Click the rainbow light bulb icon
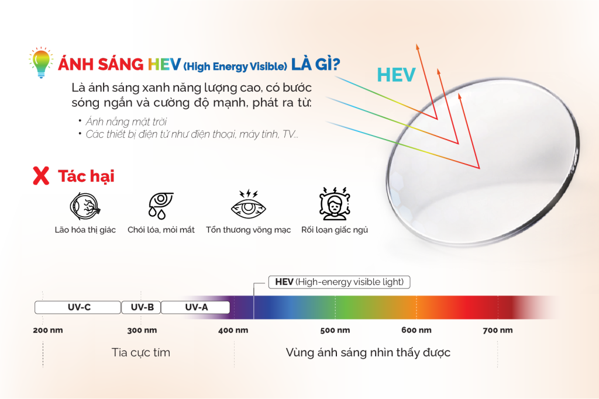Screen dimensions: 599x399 pos(41,63)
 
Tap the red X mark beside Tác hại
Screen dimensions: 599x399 pos(41,176)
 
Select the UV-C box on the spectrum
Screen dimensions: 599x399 pos(78,307)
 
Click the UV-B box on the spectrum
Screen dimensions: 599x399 pos(141,307)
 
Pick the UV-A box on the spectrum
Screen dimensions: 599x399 pos(195,307)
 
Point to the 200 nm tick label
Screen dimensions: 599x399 pos(48,330)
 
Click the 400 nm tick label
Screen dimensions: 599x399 pos(233,330)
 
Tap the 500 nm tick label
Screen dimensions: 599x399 pos(335,330)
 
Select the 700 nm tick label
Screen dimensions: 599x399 pos(498,330)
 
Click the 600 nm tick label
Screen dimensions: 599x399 pos(416,330)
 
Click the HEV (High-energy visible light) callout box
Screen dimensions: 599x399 pos(339,282)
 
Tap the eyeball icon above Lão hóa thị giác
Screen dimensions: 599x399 pos(85,206)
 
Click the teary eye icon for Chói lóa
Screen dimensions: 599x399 pos(160,206)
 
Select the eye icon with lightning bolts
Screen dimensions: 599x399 pos(248,204)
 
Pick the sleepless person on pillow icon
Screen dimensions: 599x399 pos(335,204)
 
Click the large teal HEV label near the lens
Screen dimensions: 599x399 pos(396,75)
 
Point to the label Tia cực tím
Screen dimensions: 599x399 pos(141,352)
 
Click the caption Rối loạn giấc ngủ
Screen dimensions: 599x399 pos(335,230)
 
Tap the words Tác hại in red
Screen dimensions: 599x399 pos(87,176)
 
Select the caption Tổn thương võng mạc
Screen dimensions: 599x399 pos(248,230)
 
